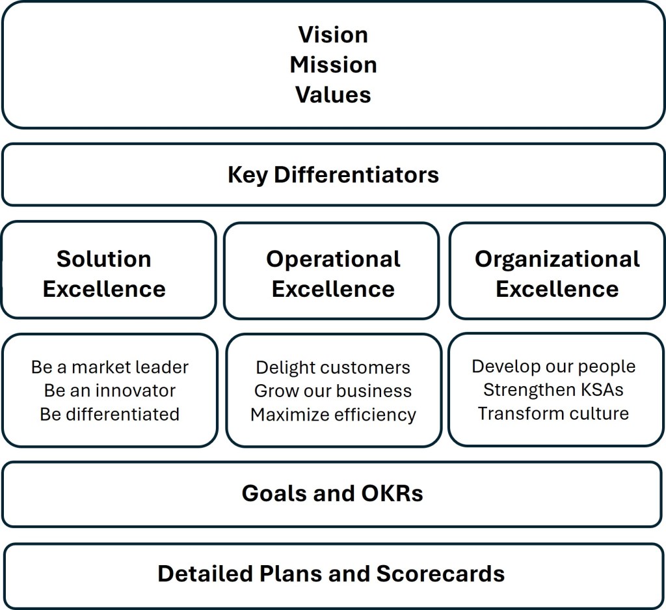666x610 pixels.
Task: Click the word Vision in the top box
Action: click(333, 35)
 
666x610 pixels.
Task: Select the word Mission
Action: click(333, 64)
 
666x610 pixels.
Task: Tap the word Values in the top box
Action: click(333, 94)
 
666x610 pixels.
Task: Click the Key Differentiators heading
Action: click(333, 174)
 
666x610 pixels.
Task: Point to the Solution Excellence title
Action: click(104, 273)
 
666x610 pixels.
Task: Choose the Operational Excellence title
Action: click(333, 273)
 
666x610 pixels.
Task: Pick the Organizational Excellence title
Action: click(557, 273)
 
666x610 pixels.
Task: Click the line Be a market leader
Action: click(109, 367)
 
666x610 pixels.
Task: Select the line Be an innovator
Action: click(109, 391)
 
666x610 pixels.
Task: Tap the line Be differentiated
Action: click(109, 414)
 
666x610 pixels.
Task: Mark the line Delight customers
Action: click(333, 367)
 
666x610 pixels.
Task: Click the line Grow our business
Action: click(333, 391)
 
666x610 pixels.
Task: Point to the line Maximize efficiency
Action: click(333, 414)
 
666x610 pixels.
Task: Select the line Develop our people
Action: click(553, 366)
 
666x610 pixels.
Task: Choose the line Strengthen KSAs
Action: click(553, 389)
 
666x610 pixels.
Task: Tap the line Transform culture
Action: click(553, 413)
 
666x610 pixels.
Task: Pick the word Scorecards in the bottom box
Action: click(440, 574)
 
